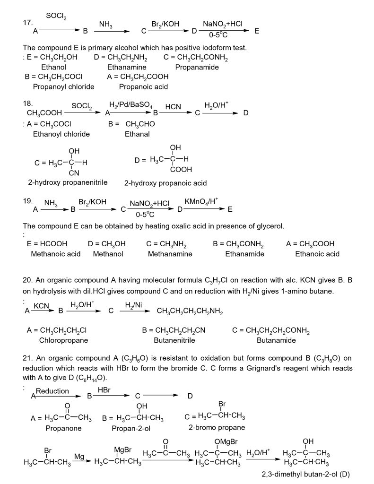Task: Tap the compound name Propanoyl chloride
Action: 63,86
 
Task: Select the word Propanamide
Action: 197,67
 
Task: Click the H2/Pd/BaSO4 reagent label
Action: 130,104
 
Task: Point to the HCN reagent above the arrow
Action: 173,107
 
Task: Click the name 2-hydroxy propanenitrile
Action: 68,182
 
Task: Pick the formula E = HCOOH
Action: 47,244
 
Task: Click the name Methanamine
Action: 170,254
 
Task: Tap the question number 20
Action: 27,280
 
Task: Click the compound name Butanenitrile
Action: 174,340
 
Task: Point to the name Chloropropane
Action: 63,340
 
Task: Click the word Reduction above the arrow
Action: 52,391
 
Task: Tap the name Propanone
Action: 63,428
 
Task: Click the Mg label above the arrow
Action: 79,456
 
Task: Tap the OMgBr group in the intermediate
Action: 225,442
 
